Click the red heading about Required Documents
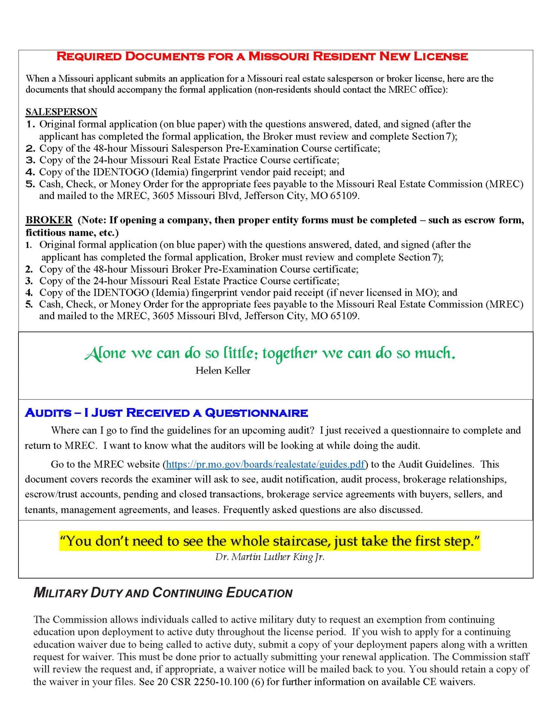pos(262,56)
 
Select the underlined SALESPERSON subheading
pos(61,112)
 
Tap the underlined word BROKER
pos(49,220)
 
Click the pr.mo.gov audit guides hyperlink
pos(265,464)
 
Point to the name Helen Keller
pos(223,370)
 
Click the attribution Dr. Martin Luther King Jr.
pos(270,557)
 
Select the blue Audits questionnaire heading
pos(166,413)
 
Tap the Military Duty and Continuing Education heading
pos(163,593)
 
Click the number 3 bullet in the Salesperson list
pos(31,160)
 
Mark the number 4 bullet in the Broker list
pos(29,292)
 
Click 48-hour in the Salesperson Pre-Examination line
pos(110,148)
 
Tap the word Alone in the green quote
pos(105,353)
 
